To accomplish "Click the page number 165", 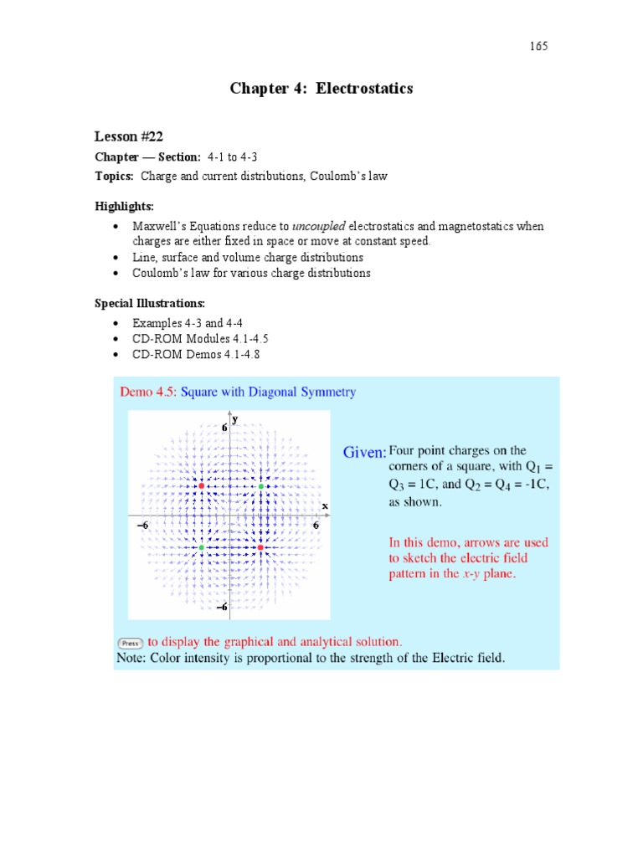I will (538, 47).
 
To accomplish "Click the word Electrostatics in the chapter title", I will (368, 88).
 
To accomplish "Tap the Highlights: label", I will (123, 206).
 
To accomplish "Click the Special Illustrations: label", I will (149, 302).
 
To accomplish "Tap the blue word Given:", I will (365, 452).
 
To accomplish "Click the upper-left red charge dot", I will (202, 485).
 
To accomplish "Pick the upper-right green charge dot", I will (260, 486).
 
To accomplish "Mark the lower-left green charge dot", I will (202, 547).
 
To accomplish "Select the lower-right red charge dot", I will (260, 547).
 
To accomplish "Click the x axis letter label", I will (325, 506).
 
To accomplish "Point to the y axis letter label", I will (235, 418).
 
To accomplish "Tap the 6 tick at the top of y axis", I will (224, 427).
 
